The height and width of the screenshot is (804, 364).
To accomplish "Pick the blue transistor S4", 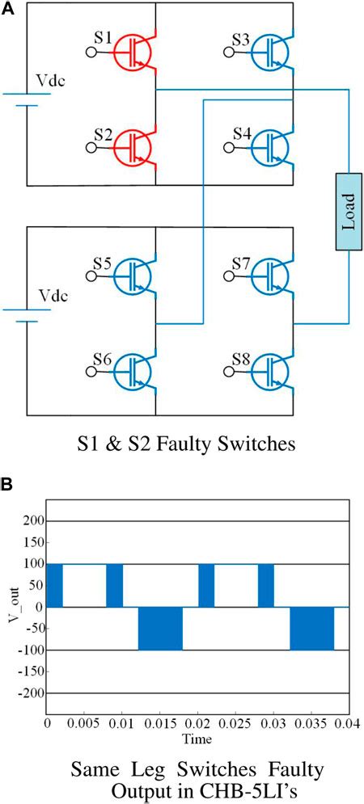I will point(268,146).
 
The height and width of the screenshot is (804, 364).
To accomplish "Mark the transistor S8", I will point(268,370).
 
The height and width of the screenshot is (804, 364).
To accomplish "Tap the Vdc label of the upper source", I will point(52,82).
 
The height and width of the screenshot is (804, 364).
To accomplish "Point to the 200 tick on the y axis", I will point(32,521).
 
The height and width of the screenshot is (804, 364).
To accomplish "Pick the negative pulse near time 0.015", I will point(160,628).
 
